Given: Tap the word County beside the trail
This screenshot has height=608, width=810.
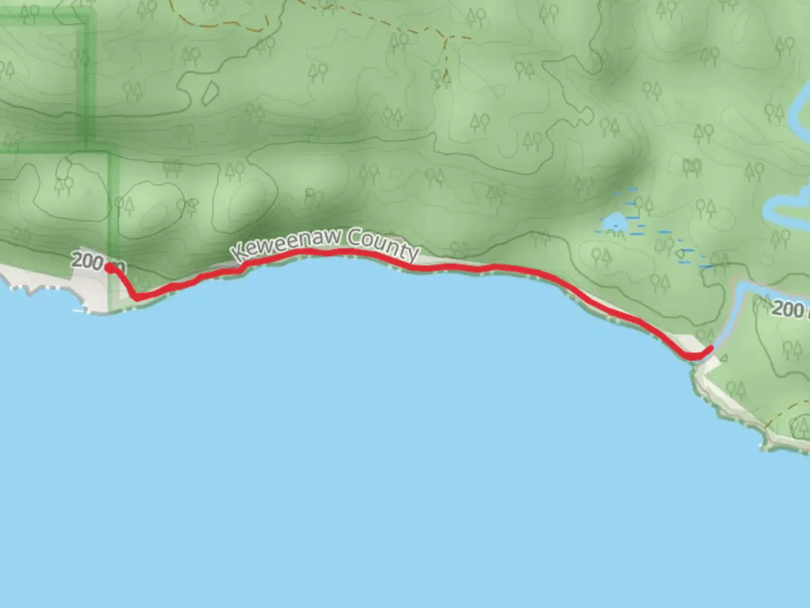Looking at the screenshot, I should click(x=383, y=245).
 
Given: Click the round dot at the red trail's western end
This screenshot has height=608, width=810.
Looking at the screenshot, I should click(x=108, y=267).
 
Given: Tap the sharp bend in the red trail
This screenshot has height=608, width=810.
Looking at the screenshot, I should click(x=136, y=297).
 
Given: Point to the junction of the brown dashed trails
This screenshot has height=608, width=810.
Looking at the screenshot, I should click(x=445, y=38).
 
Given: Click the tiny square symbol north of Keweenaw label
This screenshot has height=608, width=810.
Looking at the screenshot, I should click(x=309, y=193).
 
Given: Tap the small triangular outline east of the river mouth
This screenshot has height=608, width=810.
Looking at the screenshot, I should click(x=724, y=357).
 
